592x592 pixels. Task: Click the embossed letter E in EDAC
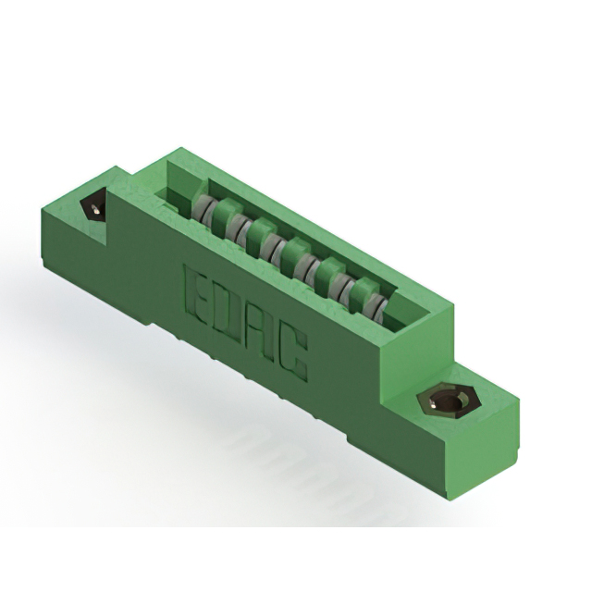coord(199,294)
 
